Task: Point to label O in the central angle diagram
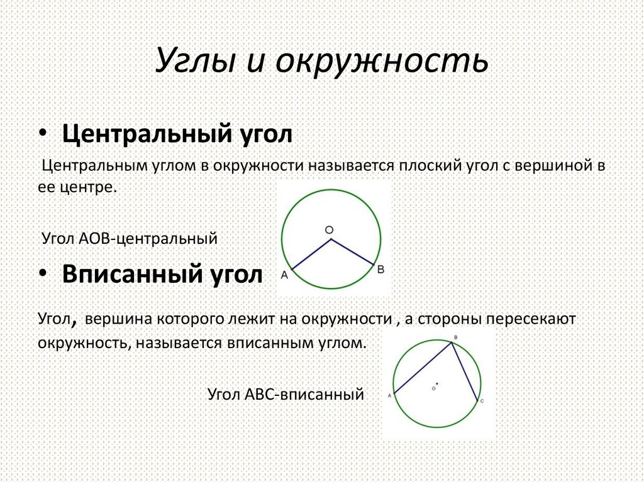tap(329, 230)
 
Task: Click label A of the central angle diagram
tap(284, 275)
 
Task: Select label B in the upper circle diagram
tap(380, 269)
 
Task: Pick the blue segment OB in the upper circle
tap(353, 251)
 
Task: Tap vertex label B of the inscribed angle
tap(455, 338)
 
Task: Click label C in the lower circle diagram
tap(482, 400)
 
